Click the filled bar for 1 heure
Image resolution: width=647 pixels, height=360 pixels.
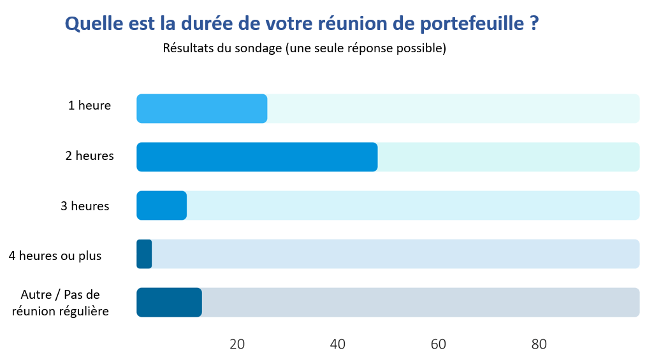201,108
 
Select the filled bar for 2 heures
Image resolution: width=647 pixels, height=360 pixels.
257,157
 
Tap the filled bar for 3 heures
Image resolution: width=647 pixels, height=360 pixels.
161,205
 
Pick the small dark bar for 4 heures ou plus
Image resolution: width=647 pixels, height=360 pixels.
144,254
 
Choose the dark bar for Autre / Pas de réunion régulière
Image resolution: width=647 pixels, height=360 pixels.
169,302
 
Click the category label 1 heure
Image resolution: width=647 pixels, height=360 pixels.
89,106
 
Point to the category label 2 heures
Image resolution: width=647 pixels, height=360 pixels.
89,155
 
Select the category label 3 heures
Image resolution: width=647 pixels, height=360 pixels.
85,206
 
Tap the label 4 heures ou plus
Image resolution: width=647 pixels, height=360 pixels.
55,256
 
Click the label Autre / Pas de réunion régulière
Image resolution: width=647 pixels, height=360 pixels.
61,303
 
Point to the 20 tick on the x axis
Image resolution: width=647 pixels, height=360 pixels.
237,344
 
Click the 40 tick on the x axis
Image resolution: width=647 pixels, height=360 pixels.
338,344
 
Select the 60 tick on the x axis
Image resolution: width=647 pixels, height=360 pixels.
439,344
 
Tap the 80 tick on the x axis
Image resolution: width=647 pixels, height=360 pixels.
539,344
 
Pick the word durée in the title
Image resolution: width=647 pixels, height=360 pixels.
208,24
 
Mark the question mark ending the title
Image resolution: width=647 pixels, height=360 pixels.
534,24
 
